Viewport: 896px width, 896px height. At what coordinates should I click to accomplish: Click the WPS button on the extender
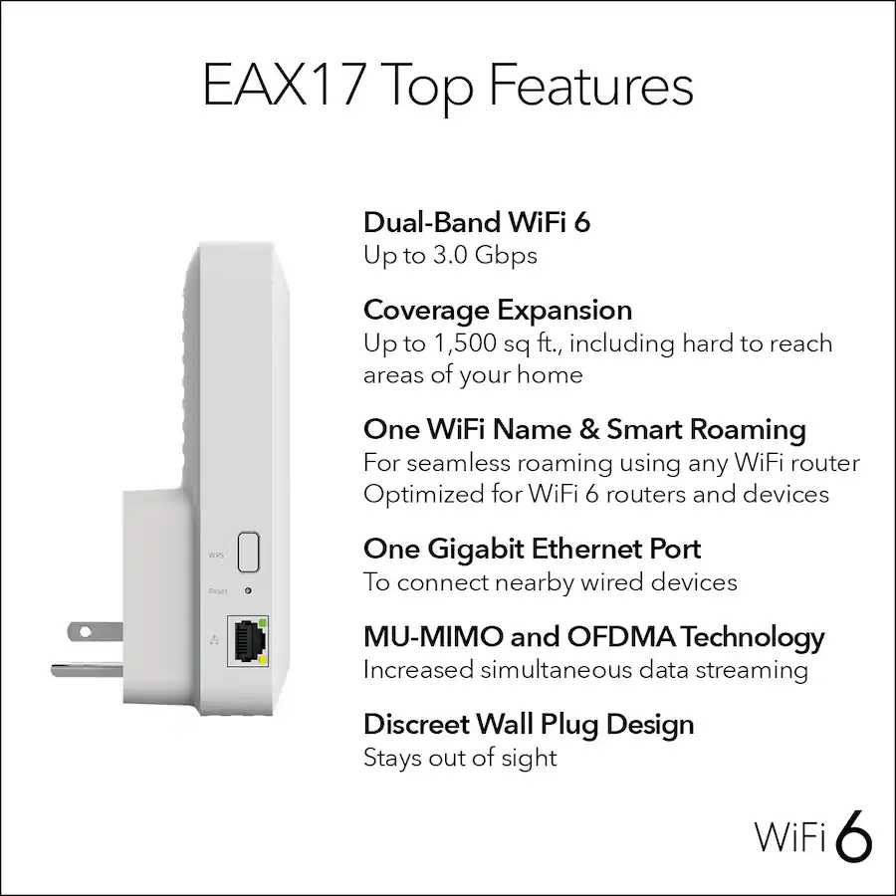[x=248, y=551]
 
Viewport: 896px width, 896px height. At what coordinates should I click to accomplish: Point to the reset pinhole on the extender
[x=246, y=590]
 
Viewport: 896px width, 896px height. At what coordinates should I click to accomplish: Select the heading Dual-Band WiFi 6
[x=476, y=222]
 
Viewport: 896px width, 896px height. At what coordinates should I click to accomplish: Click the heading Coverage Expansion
[x=497, y=310]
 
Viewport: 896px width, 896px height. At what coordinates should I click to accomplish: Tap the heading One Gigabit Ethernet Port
[x=532, y=549]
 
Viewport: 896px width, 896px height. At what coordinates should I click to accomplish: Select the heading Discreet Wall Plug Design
[x=528, y=724]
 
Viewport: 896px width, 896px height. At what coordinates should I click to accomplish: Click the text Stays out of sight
[x=459, y=758]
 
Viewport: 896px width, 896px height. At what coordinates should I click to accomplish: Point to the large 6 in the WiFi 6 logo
[x=854, y=835]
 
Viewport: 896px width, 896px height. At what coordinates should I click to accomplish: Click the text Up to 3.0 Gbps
[x=450, y=255]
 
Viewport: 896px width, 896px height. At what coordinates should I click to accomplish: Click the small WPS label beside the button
[x=216, y=554]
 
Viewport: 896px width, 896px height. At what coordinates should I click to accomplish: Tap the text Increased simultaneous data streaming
[x=584, y=670]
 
